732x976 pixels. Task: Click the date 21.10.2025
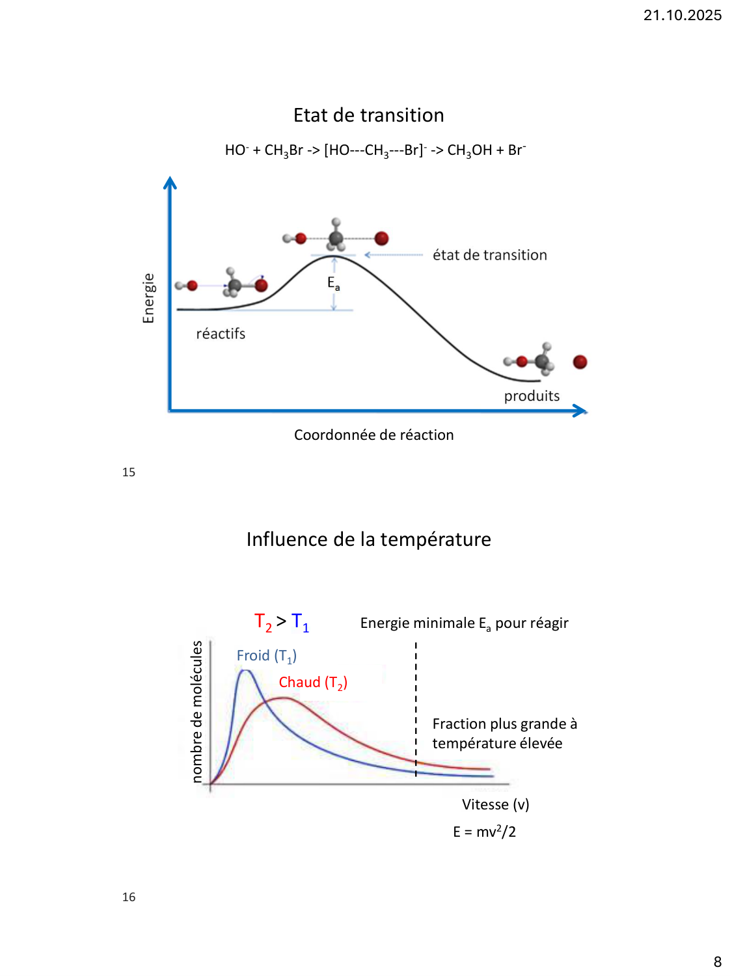click(682, 15)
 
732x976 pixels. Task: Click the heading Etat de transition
click(368, 115)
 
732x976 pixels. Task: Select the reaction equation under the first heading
click(375, 150)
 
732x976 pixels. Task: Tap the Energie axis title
click(149, 298)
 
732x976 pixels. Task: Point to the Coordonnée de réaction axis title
click(373, 435)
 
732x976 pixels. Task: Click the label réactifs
click(221, 334)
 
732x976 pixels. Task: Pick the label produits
click(532, 396)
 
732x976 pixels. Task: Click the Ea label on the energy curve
click(333, 283)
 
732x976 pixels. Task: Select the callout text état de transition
click(490, 255)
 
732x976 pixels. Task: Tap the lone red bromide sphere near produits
click(580, 362)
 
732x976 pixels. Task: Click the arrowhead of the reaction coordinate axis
click(580, 411)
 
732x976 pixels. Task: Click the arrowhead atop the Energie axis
click(170, 183)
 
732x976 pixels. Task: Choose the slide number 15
click(129, 472)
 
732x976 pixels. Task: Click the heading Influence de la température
click(368, 539)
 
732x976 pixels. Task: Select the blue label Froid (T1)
click(266, 656)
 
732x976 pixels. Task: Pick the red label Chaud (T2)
click(313, 683)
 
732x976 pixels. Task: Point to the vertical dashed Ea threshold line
click(416, 709)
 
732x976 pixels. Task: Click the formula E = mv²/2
click(484, 832)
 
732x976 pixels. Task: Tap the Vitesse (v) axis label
click(495, 804)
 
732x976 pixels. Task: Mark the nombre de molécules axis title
click(197, 711)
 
